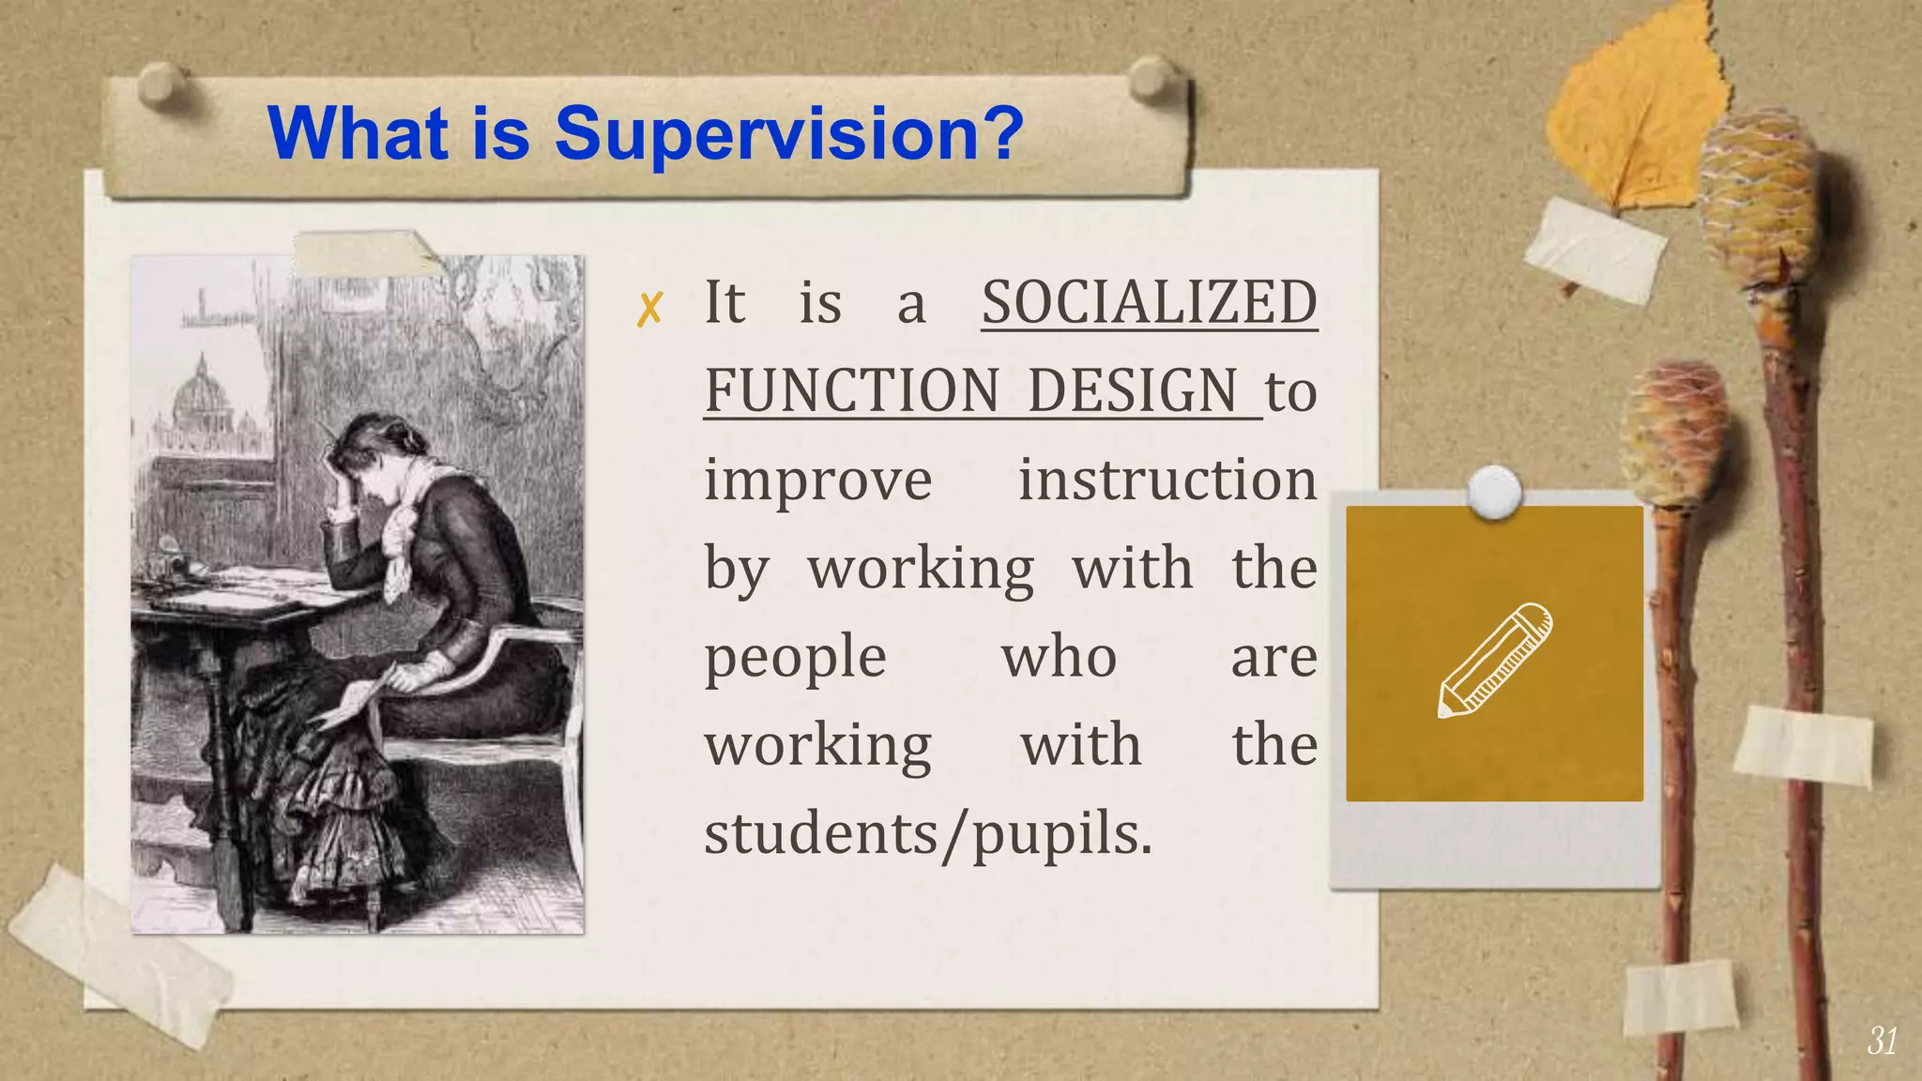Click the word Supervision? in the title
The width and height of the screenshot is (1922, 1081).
tap(788, 134)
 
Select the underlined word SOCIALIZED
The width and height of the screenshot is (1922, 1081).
tap(1150, 302)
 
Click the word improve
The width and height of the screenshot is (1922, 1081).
tap(818, 480)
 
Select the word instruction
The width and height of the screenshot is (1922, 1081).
tap(1167, 480)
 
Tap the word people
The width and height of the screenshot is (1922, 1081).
tap(795, 657)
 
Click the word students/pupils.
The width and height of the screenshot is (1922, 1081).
tap(927, 834)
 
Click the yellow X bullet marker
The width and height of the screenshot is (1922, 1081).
tap(649, 309)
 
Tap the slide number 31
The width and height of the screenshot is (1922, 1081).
tap(1882, 1041)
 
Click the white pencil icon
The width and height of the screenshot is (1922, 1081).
tap(1495, 660)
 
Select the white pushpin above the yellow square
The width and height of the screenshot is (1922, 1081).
tap(1493, 491)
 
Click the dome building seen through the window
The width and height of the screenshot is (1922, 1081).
tap(203, 394)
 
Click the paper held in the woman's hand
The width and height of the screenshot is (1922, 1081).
tap(352, 702)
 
